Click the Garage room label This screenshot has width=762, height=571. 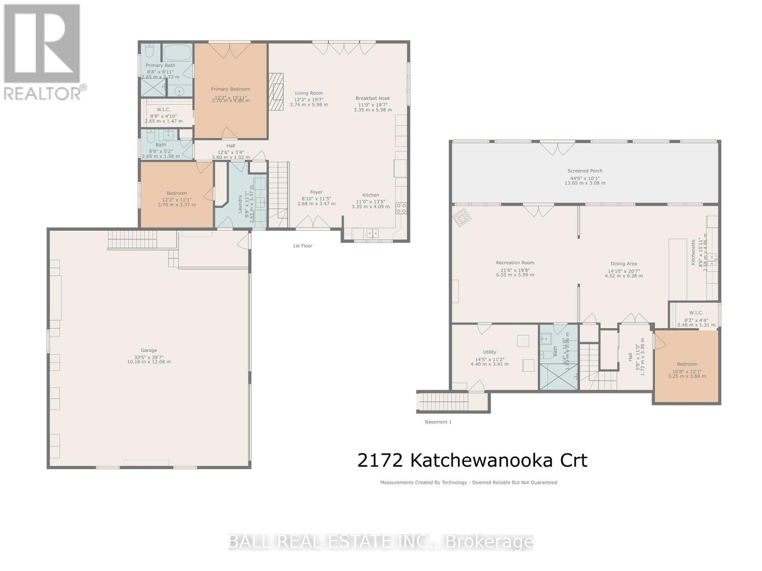[149, 350]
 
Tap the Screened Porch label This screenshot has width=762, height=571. [584, 171]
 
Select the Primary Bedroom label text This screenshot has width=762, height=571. [230, 89]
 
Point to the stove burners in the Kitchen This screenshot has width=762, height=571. [401, 207]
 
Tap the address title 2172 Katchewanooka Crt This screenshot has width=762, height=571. [472, 460]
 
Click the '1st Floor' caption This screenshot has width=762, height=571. [302, 246]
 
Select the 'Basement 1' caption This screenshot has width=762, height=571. [438, 422]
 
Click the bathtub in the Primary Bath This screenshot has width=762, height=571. [177, 52]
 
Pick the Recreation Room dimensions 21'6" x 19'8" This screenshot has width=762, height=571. [515, 269]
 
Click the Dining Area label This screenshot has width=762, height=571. [623, 264]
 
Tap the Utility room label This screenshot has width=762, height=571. [489, 352]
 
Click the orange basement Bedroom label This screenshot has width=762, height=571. [687, 364]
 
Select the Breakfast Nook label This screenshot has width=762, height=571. [372, 98]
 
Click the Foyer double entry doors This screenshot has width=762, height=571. [312, 223]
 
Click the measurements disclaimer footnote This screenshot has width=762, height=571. [468, 482]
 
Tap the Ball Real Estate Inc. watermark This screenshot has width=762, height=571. [381, 541]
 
